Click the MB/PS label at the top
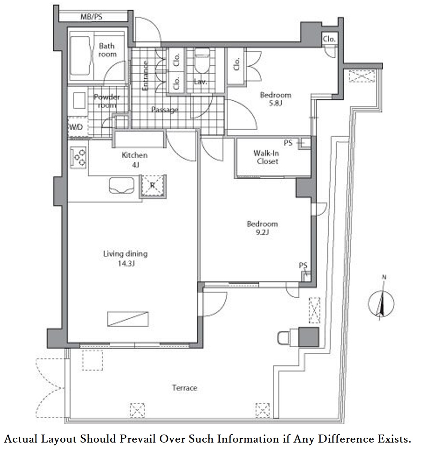91,16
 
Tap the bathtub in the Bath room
80,56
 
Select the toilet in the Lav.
202,60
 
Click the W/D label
76,127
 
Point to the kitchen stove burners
78,158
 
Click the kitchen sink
122,185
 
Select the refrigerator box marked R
152,186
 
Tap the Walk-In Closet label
267,157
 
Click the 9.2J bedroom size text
262,232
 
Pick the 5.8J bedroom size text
275,103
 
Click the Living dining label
125,254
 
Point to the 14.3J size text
126,263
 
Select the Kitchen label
134,155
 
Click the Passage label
165,110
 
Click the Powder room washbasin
79,101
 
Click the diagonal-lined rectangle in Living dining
128,319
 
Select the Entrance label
145,75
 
